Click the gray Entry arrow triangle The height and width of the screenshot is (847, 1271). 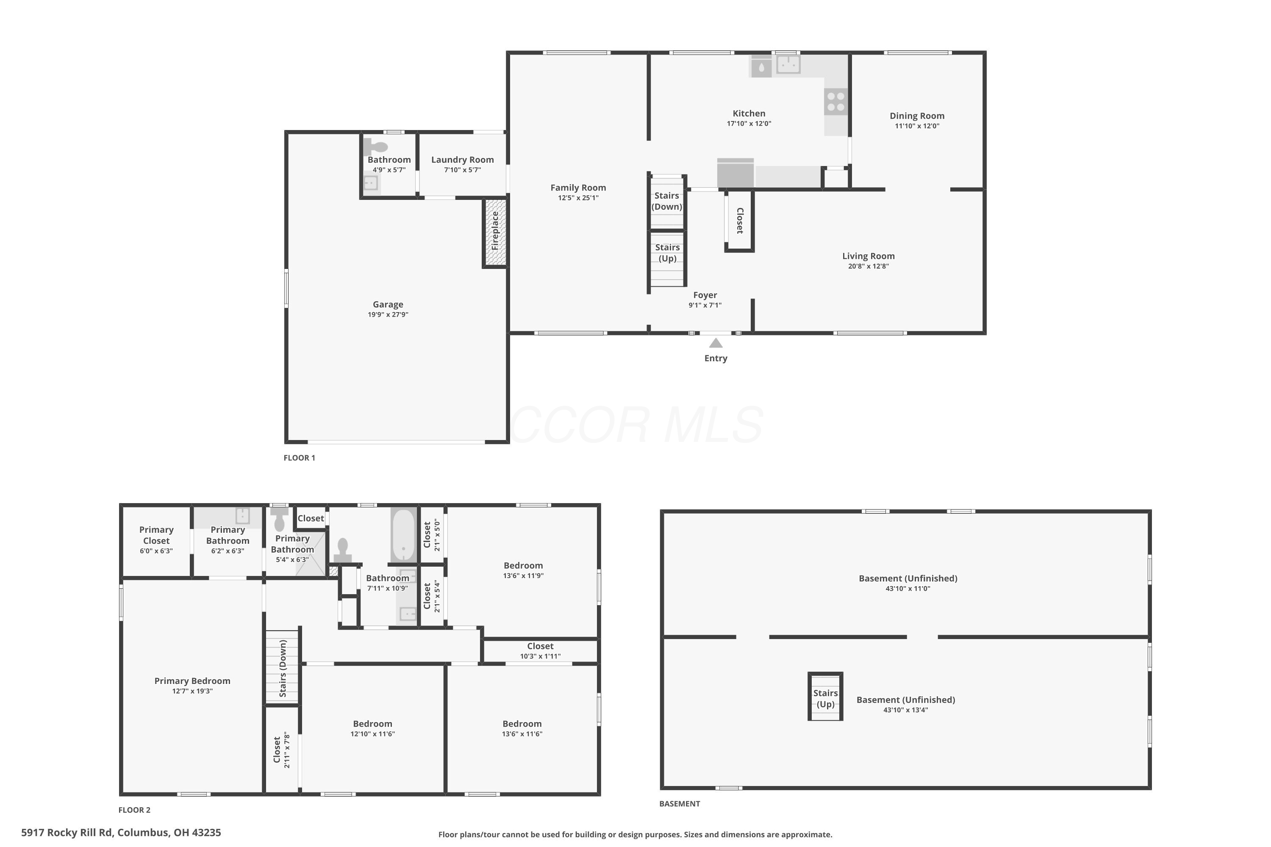(x=716, y=343)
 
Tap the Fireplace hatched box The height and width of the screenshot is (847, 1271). (x=495, y=232)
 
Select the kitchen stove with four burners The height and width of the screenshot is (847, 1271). (x=836, y=102)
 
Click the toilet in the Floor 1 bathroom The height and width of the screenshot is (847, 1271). (x=375, y=147)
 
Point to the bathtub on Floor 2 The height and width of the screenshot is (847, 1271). (x=404, y=535)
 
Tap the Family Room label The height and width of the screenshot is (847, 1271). (x=578, y=188)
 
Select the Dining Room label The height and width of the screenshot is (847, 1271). (x=917, y=116)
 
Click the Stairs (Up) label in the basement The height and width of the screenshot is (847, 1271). (x=826, y=698)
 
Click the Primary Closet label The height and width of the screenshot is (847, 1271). (x=156, y=535)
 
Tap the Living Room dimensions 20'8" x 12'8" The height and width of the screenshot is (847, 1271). (x=869, y=266)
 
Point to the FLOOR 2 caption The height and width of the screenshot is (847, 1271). (x=135, y=810)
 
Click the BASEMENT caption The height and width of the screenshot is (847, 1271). (x=680, y=804)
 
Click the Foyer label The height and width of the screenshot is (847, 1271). (x=705, y=295)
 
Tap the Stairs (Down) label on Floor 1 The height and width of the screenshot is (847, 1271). (x=667, y=201)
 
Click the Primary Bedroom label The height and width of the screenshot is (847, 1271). (x=192, y=681)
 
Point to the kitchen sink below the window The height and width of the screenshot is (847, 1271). (x=788, y=64)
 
